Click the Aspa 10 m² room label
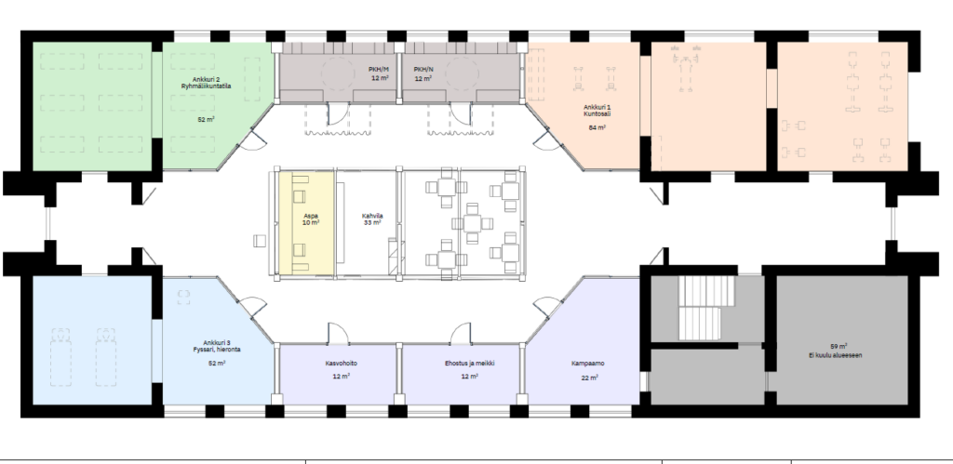(x=311, y=219)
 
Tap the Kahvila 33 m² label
(x=372, y=219)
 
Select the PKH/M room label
(x=379, y=70)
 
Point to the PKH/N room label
(x=423, y=70)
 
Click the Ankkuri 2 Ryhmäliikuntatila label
(x=206, y=83)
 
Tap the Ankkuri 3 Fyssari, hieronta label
(x=216, y=346)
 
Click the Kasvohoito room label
(x=341, y=364)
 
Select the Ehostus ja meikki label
(x=469, y=364)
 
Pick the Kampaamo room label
(x=588, y=364)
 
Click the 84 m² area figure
(x=597, y=127)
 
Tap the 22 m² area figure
(x=589, y=378)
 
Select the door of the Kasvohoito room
(x=337, y=334)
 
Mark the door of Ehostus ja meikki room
(x=461, y=334)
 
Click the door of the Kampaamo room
(x=546, y=306)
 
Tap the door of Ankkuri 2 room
(x=253, y=140)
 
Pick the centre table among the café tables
(x=472, y=223)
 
